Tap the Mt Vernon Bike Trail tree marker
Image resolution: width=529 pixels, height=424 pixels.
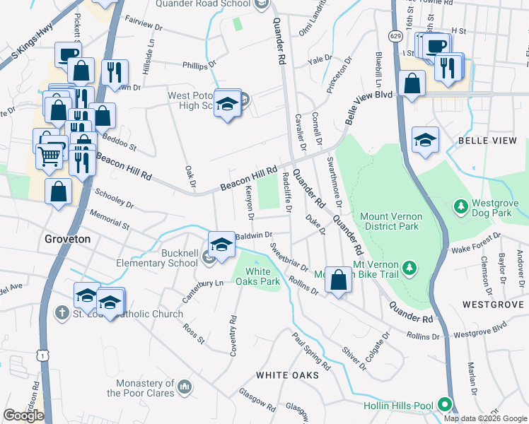409,268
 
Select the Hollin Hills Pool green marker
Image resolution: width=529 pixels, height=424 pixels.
445,406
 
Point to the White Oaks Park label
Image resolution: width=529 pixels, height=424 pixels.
263,276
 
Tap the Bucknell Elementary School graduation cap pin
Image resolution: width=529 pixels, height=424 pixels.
221,245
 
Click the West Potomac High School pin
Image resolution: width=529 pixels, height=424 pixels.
227,105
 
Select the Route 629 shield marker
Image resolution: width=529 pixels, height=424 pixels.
396,35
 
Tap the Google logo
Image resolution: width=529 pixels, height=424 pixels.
23,416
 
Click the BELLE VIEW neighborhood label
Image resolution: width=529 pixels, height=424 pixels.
488,141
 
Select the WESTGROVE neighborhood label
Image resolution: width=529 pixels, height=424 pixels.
493,305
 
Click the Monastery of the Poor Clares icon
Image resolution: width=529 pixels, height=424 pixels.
185,387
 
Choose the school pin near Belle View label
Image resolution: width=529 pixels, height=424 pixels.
426,139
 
